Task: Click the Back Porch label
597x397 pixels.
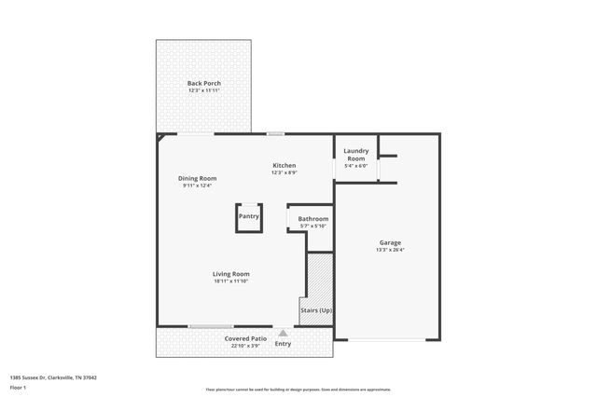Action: (x=204, y=84)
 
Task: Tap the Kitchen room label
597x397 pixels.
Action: (x=285, y=165)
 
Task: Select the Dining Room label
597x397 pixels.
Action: (x=198, y=178)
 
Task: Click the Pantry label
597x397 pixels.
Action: (x=248, y=216)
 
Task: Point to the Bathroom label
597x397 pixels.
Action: (x=313, y=219)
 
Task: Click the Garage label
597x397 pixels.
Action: (x=389, y=241)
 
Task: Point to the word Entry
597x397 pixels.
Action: (x=283, y=344)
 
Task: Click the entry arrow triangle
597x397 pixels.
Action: (x=283, y=331)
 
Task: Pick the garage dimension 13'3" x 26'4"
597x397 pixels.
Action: (x=389, y=250)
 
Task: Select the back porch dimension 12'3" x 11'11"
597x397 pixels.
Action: (x=204, y=91)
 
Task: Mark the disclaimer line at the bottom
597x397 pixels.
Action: (x=298, y=390)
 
